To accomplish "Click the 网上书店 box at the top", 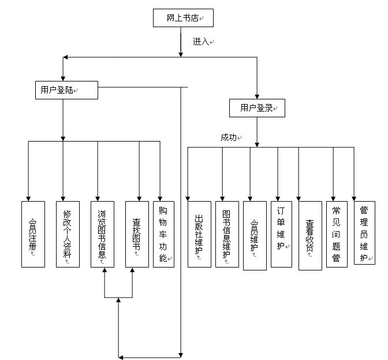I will tap(183, 18).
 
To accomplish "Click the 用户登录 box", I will tap(257, 108).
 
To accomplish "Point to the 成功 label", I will tap(229, 138).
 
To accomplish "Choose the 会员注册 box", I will tap(32, 234).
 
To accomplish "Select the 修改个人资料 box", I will tap(68, 234).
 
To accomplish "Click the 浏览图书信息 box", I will tap(102, 234).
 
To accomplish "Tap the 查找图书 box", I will tap(137, 234).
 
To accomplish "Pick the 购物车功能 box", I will tap(163, 234).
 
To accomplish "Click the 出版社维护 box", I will tap(199, 234).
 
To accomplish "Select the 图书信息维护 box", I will tap(227, 234).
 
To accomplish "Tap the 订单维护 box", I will tap(281, 234).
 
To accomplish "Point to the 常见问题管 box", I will tap(337, 234).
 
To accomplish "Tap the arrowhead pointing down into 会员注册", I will tap(28, 198).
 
